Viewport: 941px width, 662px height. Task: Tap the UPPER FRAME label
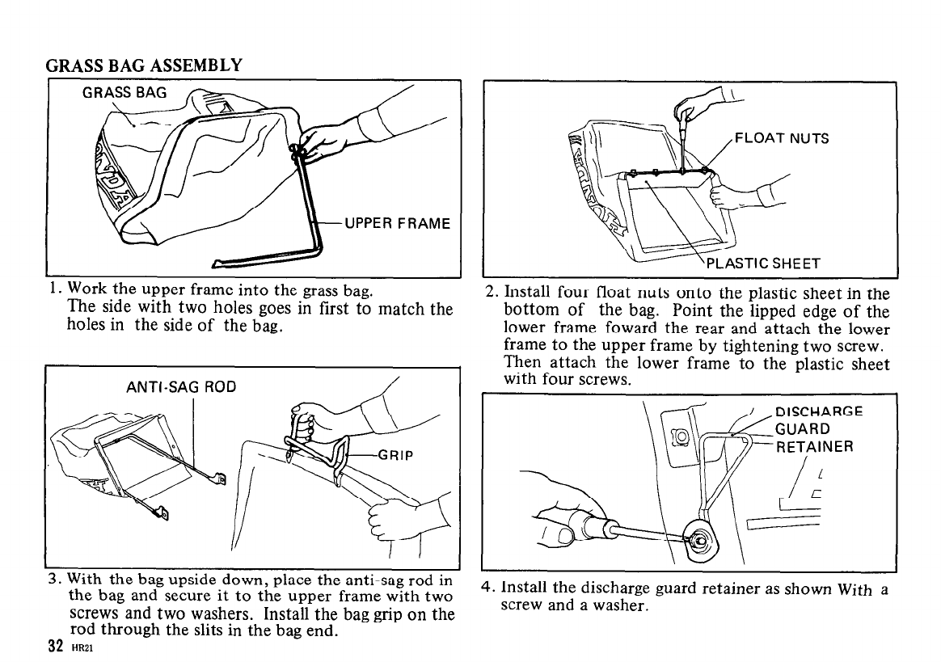point(397,223)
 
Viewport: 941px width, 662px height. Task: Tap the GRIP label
point(395,454)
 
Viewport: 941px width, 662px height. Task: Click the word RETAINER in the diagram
point(814,446)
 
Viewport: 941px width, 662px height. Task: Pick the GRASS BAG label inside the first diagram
point(124,92)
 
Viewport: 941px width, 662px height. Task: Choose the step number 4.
point(487,588)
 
